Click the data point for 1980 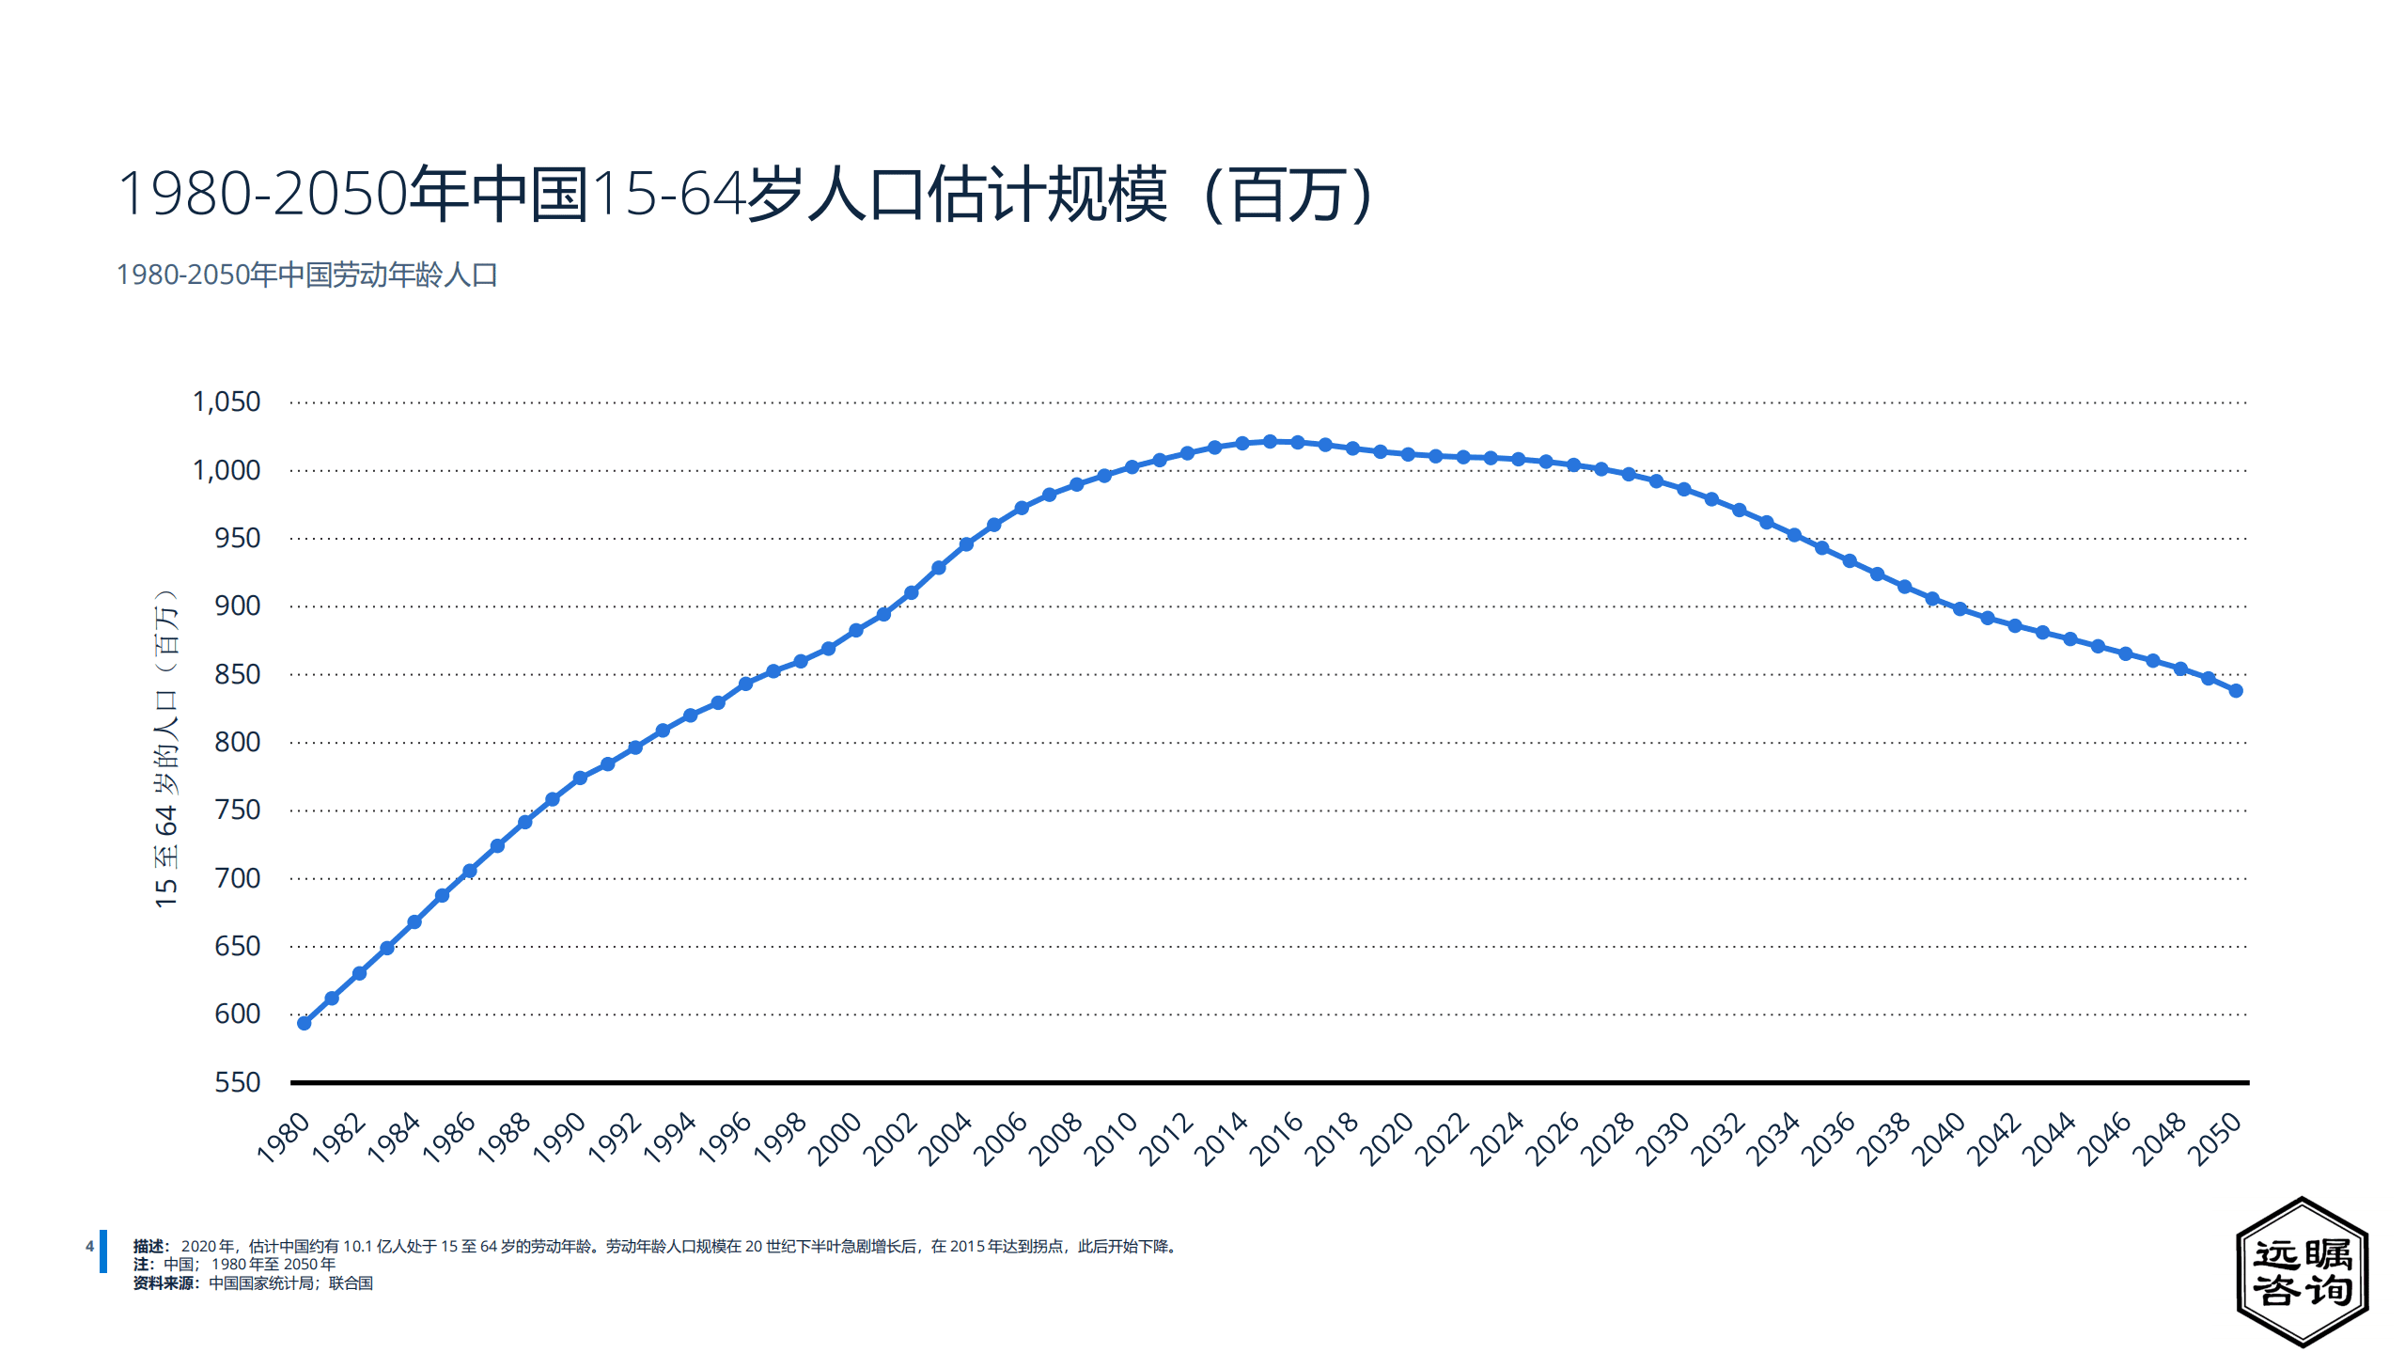304,1023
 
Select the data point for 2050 2236,691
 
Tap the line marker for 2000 855,631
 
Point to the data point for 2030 1684,490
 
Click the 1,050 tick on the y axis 226,402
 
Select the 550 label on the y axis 237,1082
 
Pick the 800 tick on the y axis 237,743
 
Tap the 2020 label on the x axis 1387,1139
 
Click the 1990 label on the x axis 559,1139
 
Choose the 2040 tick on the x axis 1939,1139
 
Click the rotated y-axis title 166,748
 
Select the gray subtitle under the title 306,275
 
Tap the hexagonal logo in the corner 2301,1271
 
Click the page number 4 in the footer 89,1247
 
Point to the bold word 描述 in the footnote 148,1247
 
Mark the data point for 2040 1960,609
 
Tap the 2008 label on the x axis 1056,1139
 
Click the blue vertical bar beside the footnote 103,1251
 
